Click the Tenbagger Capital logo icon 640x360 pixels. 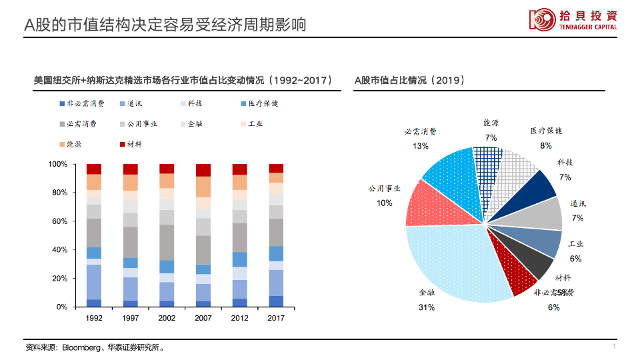(x=542, y=19)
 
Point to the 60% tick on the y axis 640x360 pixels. (x=59, y=221)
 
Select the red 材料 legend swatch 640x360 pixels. (x=122, y=144)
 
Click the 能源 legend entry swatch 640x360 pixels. (x=61, y=144)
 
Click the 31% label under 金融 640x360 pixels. (x=427, y=307)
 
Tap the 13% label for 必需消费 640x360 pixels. (x=420, y=146)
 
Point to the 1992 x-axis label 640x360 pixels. (x=94, y=318)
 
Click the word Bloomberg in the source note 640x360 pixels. (x=82, y=347)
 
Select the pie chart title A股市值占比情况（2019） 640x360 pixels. (x=409, y=80)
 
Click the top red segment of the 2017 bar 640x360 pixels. (x=276, y=168)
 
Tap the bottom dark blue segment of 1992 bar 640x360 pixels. (x=94, y=303)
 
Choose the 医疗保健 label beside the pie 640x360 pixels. (x=546, y=131)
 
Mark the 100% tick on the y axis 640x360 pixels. (x=58, y=164)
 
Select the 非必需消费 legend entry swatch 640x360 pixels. (x=61, y=104)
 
